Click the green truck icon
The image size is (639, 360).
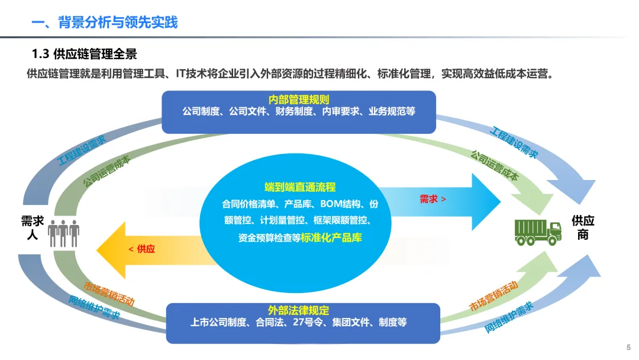pos(537,232)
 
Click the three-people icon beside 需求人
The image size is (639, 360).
pos(63,234)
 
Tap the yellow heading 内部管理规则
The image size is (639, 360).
pos(299,99)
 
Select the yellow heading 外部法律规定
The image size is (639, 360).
pos(298,311)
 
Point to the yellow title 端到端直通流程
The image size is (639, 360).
pos(300,187)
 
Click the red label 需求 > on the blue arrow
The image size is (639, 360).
pos(433,199)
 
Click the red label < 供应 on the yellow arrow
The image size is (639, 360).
pos(141,249)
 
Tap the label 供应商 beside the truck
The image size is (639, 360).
pos(583,227)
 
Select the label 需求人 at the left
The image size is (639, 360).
pos(33,228)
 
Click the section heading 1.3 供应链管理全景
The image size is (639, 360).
pos(85,54)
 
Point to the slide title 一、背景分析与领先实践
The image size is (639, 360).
pos(105,22)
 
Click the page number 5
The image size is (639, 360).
pos(628,348)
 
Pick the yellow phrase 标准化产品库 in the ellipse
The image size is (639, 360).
pos(331,237)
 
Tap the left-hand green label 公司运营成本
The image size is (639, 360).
pos(106,171)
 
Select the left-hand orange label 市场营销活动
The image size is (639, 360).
pos(109,294)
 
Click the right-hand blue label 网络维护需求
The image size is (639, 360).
pos(509,317)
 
